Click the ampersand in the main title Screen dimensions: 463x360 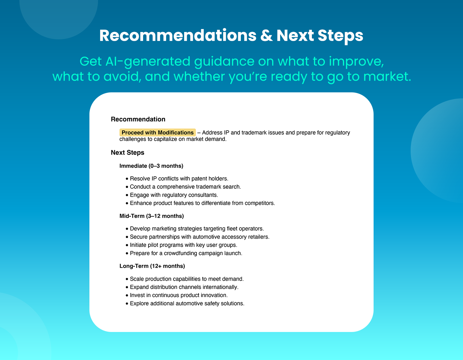[x=266, y=35]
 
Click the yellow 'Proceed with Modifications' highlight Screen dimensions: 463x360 [x=157, y=132]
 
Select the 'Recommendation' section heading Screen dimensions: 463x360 [x=138, y=119]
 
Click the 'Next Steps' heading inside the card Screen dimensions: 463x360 [x=127, y=153]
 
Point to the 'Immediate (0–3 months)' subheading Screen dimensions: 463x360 [x=151, y=166]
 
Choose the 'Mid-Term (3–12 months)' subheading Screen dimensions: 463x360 [x=151, y=216]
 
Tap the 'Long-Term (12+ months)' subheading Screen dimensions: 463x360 [x=152, y=266]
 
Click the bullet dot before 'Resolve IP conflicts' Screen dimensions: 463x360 [x=127, y=179]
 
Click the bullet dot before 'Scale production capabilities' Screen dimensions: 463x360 [x=127, y=279]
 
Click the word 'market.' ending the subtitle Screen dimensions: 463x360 [x=387, y=77]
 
